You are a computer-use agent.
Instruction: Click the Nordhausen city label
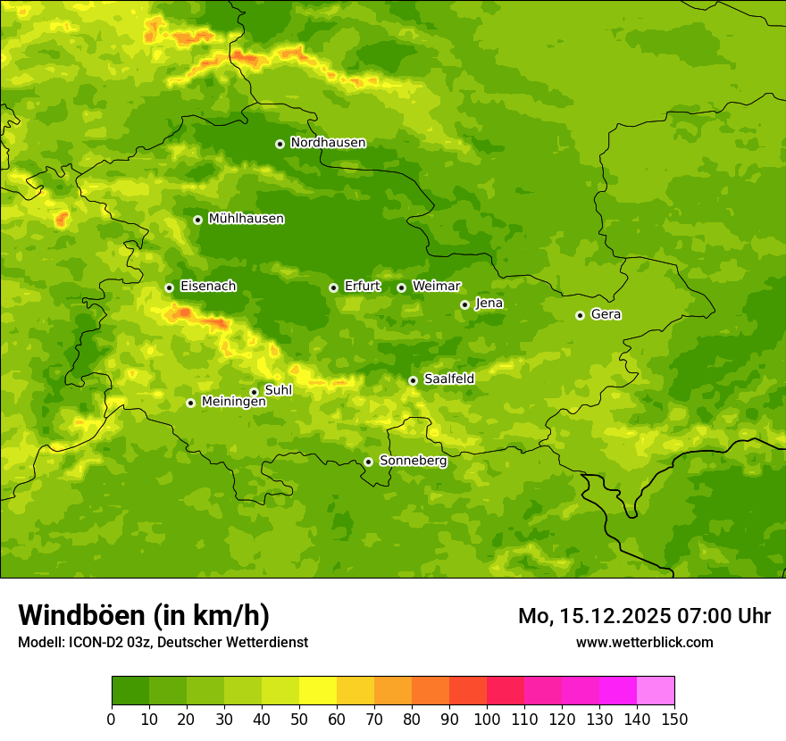(328, 143)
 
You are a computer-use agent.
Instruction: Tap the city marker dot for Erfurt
(333, 287)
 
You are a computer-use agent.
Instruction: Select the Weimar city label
(436, 287)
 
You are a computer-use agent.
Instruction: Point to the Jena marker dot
(464, 304)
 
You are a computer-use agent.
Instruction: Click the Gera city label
(606, 314)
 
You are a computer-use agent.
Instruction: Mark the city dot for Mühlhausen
(197, 220)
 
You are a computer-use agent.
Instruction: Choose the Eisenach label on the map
(208, 287)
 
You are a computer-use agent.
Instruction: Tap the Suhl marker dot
(254, 392)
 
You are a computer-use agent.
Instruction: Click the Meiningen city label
(233, 402)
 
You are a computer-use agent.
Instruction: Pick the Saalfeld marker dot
(413, 380)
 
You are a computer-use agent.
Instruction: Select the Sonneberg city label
(413, 461)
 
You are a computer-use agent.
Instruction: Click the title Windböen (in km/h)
(144, 615)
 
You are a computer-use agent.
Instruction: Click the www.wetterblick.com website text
(644, 642)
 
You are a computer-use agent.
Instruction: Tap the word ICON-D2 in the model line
(96, 642)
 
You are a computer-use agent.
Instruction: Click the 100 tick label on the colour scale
(487, 719)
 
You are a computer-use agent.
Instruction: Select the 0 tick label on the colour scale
(112, 719)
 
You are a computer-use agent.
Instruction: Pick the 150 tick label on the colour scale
(674, 719)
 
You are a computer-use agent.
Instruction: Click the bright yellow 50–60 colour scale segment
(318, 691)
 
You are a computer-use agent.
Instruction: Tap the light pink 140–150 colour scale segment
(656, 691)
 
